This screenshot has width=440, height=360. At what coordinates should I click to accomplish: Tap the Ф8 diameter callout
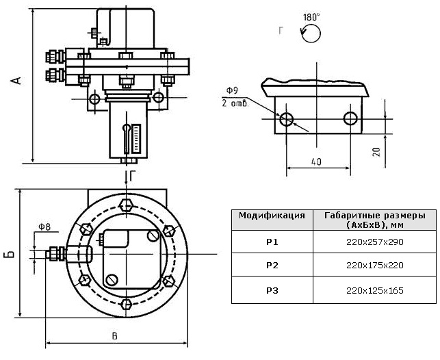(44, 227)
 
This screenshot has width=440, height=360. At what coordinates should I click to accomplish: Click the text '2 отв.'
(233, 103)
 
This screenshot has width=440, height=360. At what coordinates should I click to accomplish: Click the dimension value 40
(315, 162)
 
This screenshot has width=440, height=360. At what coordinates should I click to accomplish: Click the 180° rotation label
(311, 15)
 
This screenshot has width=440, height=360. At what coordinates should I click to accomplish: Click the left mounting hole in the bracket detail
(286, 118)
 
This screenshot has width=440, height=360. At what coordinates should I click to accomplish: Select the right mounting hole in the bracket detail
(351, 118)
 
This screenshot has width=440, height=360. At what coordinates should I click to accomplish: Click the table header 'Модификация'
(272, 215)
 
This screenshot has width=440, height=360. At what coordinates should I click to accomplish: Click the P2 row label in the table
(272, 265)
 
